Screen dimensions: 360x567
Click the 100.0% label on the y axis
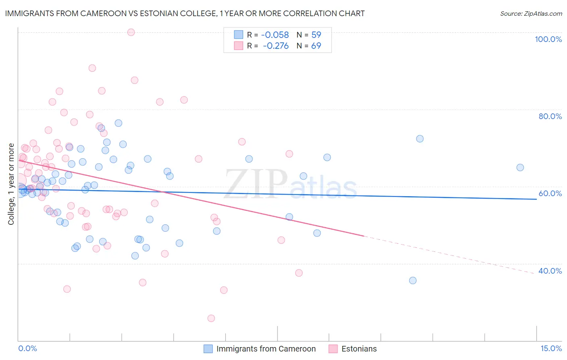(x=548, y=39)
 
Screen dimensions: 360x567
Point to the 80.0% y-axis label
(x=550, y=116)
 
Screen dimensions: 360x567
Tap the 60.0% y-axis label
(x=550, y=193)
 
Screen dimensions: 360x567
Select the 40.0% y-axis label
(x=550, y=271)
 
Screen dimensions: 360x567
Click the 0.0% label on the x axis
(x=27, y=349)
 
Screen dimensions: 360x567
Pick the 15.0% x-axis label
(x=551, y=349)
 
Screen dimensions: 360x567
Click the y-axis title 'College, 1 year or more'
(x=11, y=184)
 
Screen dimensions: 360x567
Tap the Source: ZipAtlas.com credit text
(x=531, y=13)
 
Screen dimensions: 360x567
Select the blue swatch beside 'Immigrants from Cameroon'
(x=208, y=349)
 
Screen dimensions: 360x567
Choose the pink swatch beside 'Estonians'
(x=333, y=349)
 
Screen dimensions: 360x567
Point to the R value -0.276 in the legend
(x=276, y=46)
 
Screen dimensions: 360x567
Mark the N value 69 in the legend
(x=316, y=46)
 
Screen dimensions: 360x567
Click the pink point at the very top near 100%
(x=131, y=32)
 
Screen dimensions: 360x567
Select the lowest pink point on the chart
(x=211, y=318)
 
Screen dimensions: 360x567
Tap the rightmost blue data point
(x=520, y=167)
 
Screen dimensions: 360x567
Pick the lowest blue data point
(x=413, y=280)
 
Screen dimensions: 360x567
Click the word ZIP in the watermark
(x=256, y=184)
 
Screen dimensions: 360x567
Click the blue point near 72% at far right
(x=420, y=139)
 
